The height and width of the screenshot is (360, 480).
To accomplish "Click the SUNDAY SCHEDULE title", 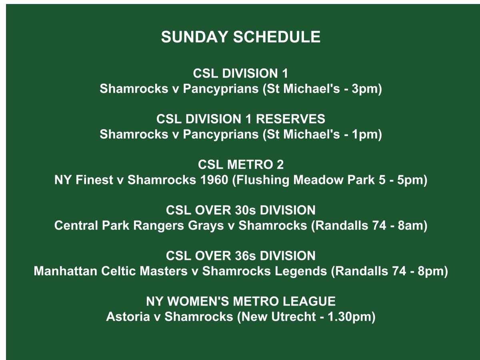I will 240,37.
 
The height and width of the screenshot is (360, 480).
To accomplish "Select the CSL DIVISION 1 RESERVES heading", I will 240,119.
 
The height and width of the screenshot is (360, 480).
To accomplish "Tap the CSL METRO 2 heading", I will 240,165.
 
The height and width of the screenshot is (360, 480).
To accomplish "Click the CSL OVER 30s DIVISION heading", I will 240,210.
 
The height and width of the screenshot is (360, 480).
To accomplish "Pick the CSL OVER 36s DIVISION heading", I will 240,256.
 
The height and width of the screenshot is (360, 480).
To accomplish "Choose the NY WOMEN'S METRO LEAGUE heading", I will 240,301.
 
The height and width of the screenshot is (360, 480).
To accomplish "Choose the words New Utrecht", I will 279,317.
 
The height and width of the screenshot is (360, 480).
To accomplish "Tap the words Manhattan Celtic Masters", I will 110,272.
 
